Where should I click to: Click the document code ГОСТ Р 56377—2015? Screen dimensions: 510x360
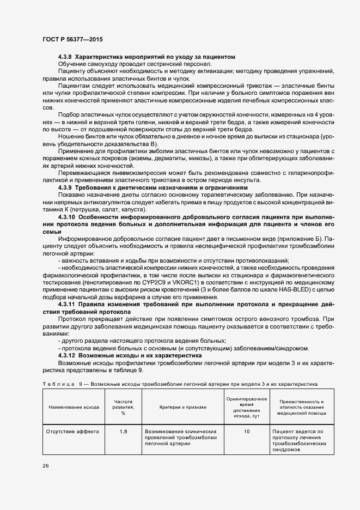tap(72, 39)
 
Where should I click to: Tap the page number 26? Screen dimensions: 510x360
tap(45, 466)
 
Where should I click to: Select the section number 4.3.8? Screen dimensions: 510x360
tap(65, 57)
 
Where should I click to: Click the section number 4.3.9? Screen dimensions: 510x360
tap(65, 187)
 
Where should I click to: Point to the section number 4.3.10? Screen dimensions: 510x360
tap(67, 216)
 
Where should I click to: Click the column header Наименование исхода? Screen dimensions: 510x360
tap(74, 407)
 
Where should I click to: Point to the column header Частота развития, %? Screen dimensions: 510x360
tap(123, 407)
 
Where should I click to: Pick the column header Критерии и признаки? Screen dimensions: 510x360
tap(182, 407)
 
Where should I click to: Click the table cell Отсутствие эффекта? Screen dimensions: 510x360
tap(74, 432)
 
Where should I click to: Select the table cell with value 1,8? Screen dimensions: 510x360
tap(123, 432)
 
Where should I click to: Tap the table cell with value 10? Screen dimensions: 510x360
tap(246, 432)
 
